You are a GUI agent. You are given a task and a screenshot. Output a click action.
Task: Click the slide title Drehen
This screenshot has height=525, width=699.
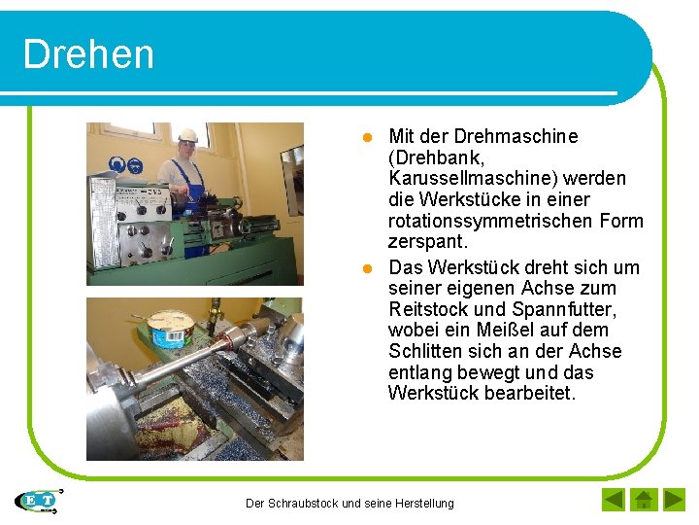88,54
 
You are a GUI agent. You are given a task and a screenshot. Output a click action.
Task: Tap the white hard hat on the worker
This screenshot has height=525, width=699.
187,136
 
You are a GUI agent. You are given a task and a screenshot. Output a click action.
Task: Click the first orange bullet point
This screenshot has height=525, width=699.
368,137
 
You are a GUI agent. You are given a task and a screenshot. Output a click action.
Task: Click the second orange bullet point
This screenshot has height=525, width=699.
368,267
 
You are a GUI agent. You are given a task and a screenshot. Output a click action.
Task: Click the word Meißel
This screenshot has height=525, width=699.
502,331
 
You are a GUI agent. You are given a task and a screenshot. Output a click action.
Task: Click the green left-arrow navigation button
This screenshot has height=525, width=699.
614,501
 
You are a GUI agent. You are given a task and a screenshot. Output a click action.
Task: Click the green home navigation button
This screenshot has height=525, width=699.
643,501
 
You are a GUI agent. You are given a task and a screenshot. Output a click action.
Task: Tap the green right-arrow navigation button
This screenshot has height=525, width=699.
674,501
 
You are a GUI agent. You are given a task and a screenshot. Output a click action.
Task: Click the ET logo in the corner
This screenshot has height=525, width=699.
39,501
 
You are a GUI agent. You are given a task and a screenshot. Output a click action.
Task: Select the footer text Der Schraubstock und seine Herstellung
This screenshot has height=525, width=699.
349,503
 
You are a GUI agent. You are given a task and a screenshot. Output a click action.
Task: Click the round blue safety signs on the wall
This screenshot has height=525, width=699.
127,165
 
